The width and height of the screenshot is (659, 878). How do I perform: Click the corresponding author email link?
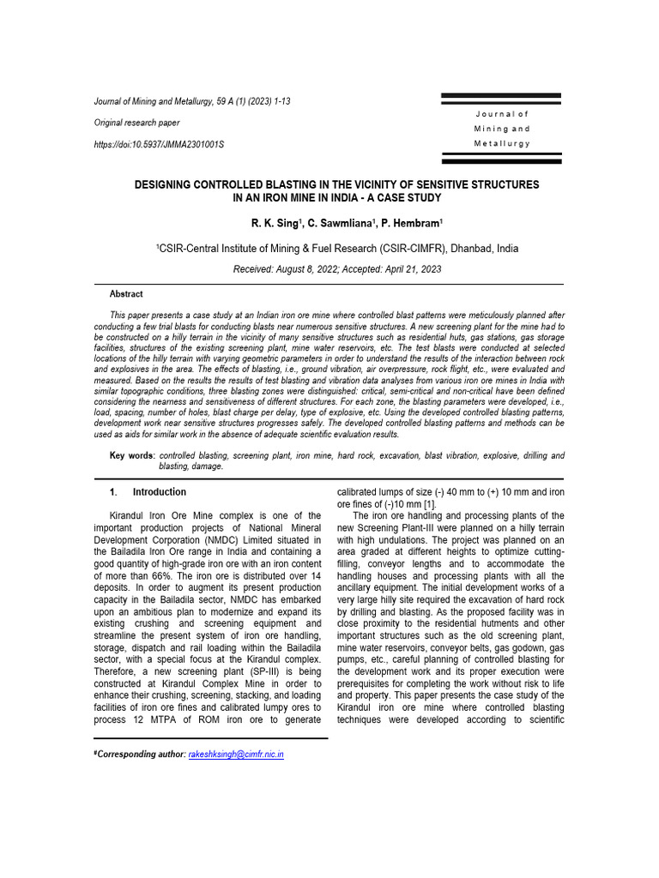point(236,754)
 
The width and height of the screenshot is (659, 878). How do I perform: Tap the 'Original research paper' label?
point(136,123)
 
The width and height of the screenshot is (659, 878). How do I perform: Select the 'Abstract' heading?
point(127,293)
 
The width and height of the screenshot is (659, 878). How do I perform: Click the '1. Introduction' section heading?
point(148,492)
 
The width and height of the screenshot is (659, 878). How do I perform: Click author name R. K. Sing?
point(275,224)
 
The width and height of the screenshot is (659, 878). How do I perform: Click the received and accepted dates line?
point(336,269)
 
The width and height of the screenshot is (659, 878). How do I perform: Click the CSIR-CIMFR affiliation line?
point(336,248)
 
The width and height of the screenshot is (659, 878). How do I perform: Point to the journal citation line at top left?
point(191,101)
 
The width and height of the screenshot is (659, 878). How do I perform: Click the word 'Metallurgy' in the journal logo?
point(502,143)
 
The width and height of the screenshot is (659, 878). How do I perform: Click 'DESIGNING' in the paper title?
point(177,184)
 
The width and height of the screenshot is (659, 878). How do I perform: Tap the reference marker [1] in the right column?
point(429,504)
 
